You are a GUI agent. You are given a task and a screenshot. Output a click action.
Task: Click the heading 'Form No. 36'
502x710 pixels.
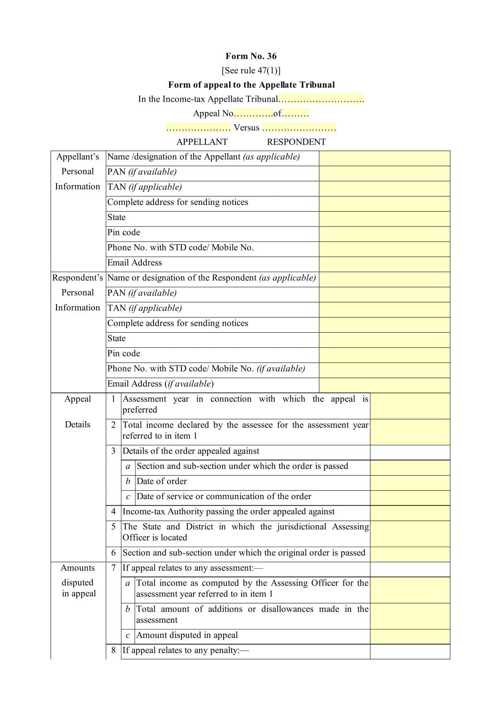pyautogui.click(x=251, y=56)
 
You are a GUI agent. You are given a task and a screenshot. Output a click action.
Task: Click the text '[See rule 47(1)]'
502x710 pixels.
pyautogui.click(x=251, y=70)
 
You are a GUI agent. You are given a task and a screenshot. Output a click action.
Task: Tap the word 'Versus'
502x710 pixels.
pyautogui.click(x=246, y=128)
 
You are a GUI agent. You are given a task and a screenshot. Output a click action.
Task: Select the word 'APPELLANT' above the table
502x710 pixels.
pyautogui.click(x=202, y=142)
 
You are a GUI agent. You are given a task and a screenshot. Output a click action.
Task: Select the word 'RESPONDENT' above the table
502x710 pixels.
pyautogui.click(x=296, y=142)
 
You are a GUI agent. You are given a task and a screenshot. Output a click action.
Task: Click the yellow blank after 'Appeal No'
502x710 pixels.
pyautogui.click(x=253, y=113)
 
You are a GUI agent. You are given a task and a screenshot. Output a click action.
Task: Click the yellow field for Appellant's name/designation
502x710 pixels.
pyautogui.click(x=384, y=158)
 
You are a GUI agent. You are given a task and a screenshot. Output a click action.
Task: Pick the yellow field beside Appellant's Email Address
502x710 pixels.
pyautogui.click(x=384, y=264)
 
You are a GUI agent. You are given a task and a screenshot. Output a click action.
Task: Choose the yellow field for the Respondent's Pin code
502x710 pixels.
pyautogui.click(x=384, y=355)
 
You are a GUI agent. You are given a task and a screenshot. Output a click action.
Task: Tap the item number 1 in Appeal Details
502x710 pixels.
pyautogui.click(x=113, y=399)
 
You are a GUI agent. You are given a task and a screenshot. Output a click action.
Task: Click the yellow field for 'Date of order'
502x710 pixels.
pyautogui.click(x=410, y=482)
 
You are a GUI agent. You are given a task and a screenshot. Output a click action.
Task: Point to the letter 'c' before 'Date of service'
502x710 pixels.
pyautogui.click(x=128, y=497)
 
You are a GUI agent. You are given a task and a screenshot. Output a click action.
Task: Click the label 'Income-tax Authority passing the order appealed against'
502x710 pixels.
pyautogui.click(x=228, y=512)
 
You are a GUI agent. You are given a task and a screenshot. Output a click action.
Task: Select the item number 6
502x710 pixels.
pyautogui.click(x=113, y=553)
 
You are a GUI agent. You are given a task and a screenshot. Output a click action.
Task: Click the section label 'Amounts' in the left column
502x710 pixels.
pyautogui.click(x=78, y=568)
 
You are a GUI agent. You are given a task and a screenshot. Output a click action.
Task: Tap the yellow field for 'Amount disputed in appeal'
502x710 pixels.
pyautogui.click(x=410, y=636)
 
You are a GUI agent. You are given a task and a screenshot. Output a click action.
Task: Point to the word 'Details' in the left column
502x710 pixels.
pyautogui.click(x=78, y=425)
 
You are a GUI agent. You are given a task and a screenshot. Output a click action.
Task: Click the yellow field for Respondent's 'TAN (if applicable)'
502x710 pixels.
pyautogui.click(x=384, y=309)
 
